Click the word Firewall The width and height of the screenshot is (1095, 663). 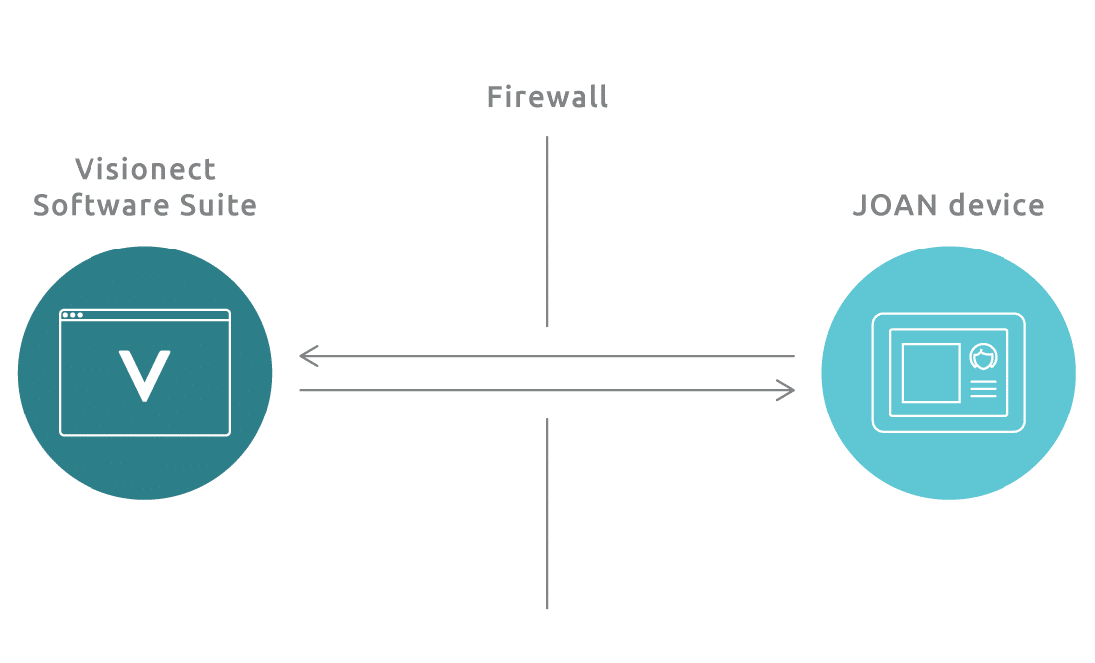coord(547,97)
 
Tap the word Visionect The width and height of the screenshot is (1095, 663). coord(145,169)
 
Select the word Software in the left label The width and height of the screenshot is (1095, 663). coord(102,205)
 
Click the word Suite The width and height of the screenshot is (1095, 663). coord(218,205)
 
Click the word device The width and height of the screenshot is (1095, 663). coord(997,205)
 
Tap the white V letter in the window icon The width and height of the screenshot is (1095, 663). coord(144,376)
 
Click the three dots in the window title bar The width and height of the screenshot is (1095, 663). coord(72,315)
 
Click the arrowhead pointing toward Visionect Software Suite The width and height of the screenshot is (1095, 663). coord(308,356)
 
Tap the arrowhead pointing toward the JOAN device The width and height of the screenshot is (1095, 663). coord(787,390)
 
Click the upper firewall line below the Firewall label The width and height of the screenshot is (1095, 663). coord(547,232)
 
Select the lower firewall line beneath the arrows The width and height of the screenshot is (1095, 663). coord(547,514)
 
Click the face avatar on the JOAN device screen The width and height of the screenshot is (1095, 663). coord(983,357)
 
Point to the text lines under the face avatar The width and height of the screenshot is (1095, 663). coord(983,389)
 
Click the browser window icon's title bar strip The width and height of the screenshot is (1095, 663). coord(144,315)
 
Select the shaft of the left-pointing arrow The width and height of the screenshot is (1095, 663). coord(547,356)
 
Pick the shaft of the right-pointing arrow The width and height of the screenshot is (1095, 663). coord(547,390)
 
